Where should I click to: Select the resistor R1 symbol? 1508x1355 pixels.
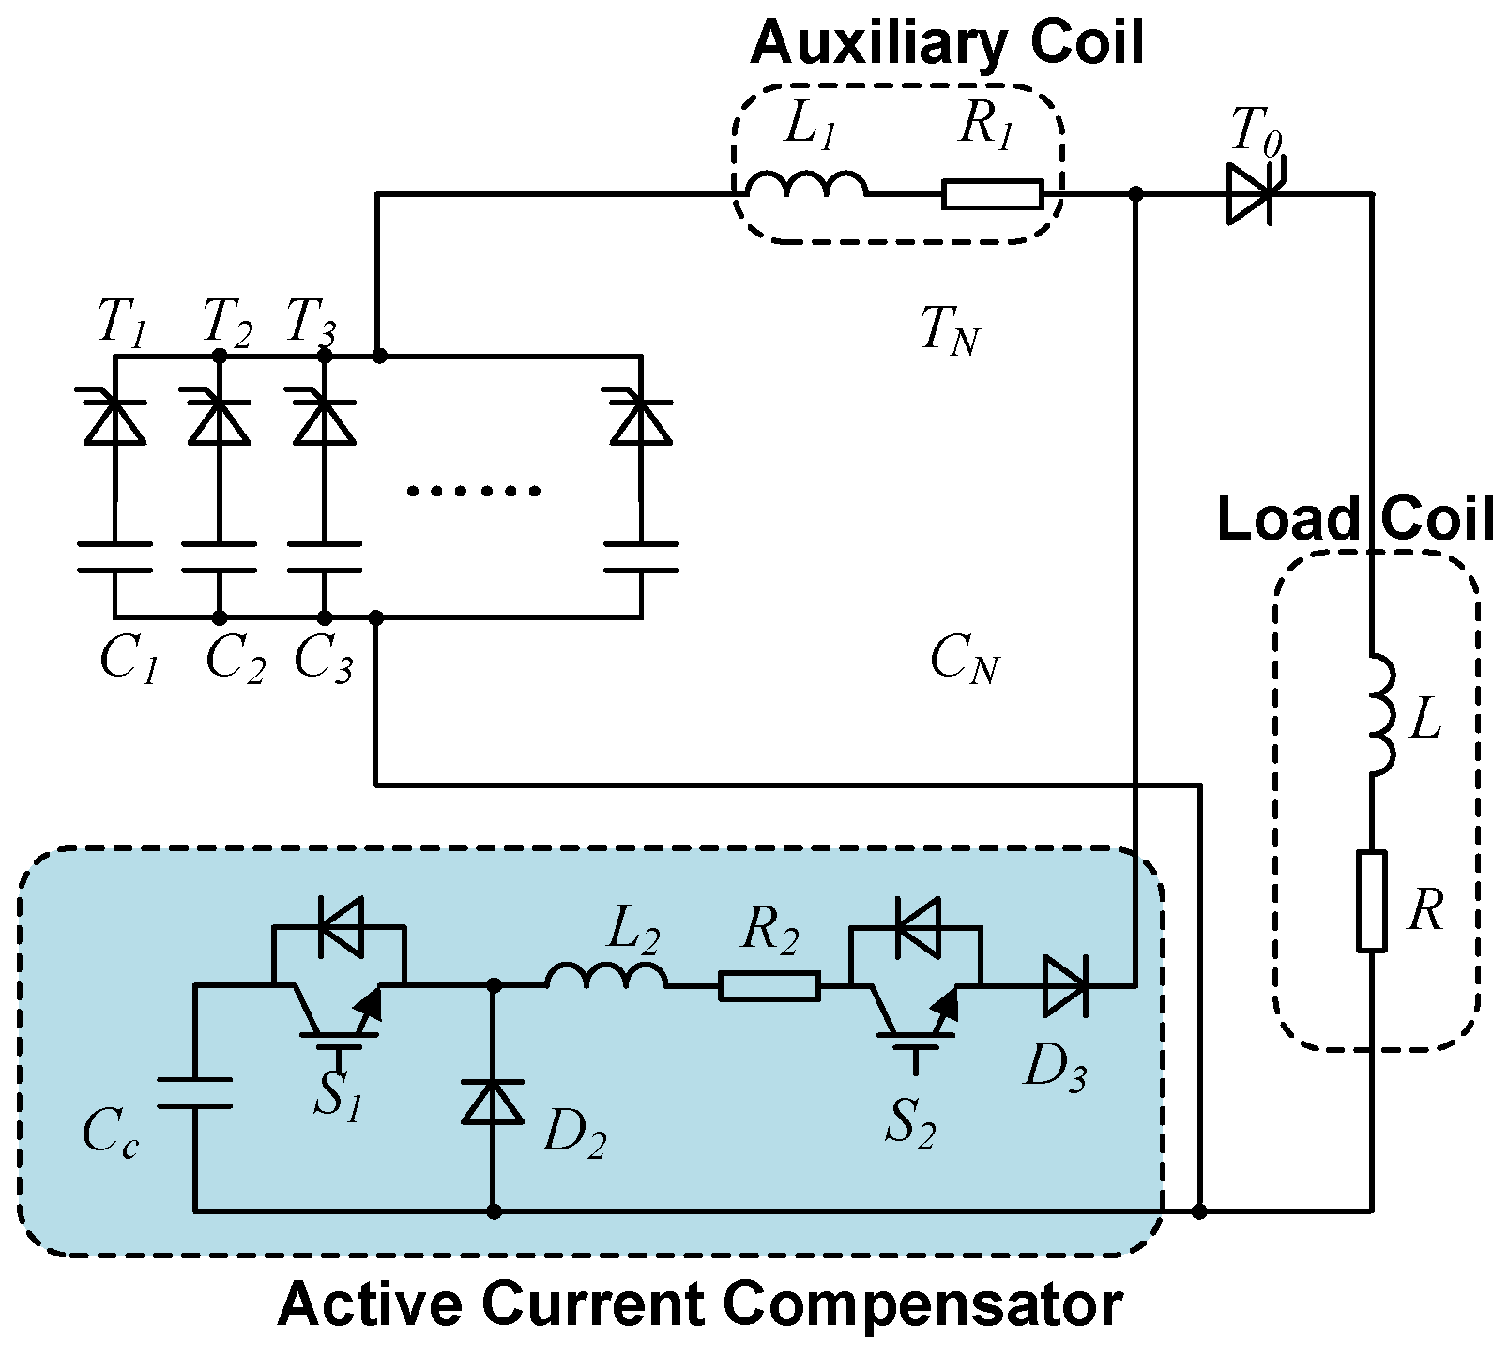(992, 194)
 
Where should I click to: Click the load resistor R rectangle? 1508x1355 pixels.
(1371, 901)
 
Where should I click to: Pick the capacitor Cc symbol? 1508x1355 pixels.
(194, 1093)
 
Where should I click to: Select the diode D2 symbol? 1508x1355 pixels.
(494, 1100)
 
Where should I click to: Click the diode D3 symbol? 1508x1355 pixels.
(1065, 985)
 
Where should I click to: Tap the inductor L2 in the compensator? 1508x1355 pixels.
(605, 978)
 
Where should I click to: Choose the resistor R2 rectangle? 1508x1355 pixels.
(769, 986)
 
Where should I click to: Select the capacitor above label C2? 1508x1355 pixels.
(219, 556)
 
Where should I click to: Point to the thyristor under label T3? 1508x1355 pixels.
(325, 419)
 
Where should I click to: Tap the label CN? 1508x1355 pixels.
(964, 660)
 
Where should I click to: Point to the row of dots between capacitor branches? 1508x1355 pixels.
(474, 491)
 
